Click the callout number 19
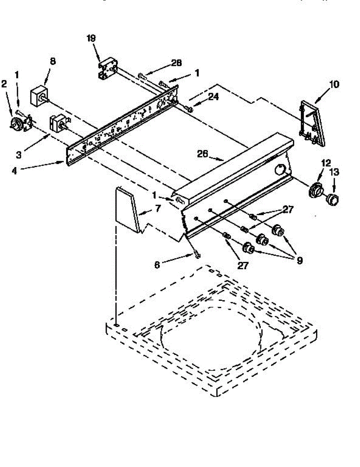tap(91, 38)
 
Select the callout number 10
tap(334, 84)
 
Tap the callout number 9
tap(299, 260)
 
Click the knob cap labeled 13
tap(332, 199)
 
